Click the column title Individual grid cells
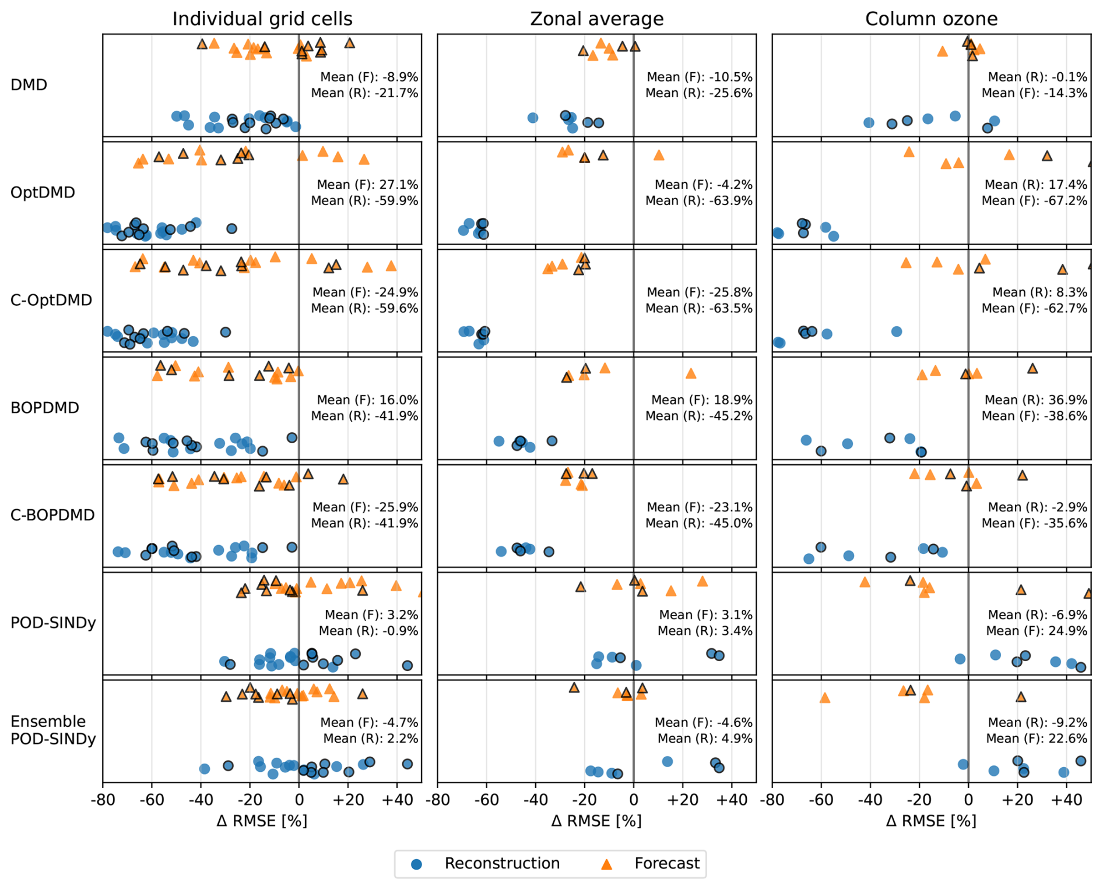coord(262,19)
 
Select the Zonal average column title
coord(596,19)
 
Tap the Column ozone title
coord(931,19)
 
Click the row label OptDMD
coord(43,193)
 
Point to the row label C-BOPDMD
coord(52,515)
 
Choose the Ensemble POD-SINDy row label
coord(53,730)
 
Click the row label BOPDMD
coord(45,408)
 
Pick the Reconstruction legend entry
coord(501,863)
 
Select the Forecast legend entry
coord(666,863)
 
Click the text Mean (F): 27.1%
coord(367,185)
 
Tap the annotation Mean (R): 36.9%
coord(1035,400)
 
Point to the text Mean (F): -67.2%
coord(1034,201)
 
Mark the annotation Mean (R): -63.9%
coord(698,201)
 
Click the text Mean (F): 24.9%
coord(1037,631)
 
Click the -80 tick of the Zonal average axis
coord(438,800)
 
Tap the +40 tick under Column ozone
coord(1066,800)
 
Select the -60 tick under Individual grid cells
coord(152,800)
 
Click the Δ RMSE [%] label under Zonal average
coord(596,821)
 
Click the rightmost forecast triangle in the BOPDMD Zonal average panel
coord(691,373)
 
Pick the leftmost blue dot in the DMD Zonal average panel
coord(532,118)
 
